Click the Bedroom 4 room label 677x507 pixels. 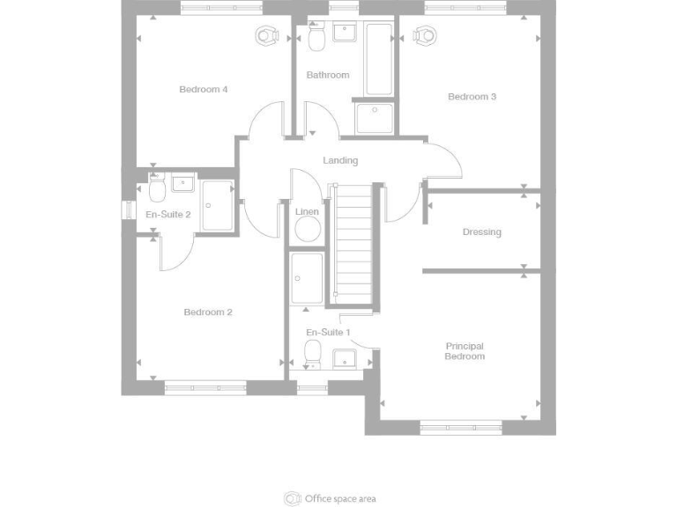click(204, 89)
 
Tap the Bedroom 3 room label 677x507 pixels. click(472, 97)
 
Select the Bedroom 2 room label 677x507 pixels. click(208, 312)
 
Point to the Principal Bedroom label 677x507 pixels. click(465, 351)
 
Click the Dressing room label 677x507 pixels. click(481, 232)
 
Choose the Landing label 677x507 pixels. click(340, 160)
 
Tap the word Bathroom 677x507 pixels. click(328, 75)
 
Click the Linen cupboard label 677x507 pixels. click(307, 211)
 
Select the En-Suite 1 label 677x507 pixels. click(328, 332)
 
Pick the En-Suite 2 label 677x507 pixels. click(167, 214)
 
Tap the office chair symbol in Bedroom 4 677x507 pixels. click(267, 35)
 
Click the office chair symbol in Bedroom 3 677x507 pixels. click(426, 35)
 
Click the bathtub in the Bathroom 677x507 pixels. click(379, 60)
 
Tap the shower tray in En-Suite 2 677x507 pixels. click(218, 205)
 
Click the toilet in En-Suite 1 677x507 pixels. click(312, 354)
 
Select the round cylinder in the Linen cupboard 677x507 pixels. click(307, 230)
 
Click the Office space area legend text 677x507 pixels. click(340, 499)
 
